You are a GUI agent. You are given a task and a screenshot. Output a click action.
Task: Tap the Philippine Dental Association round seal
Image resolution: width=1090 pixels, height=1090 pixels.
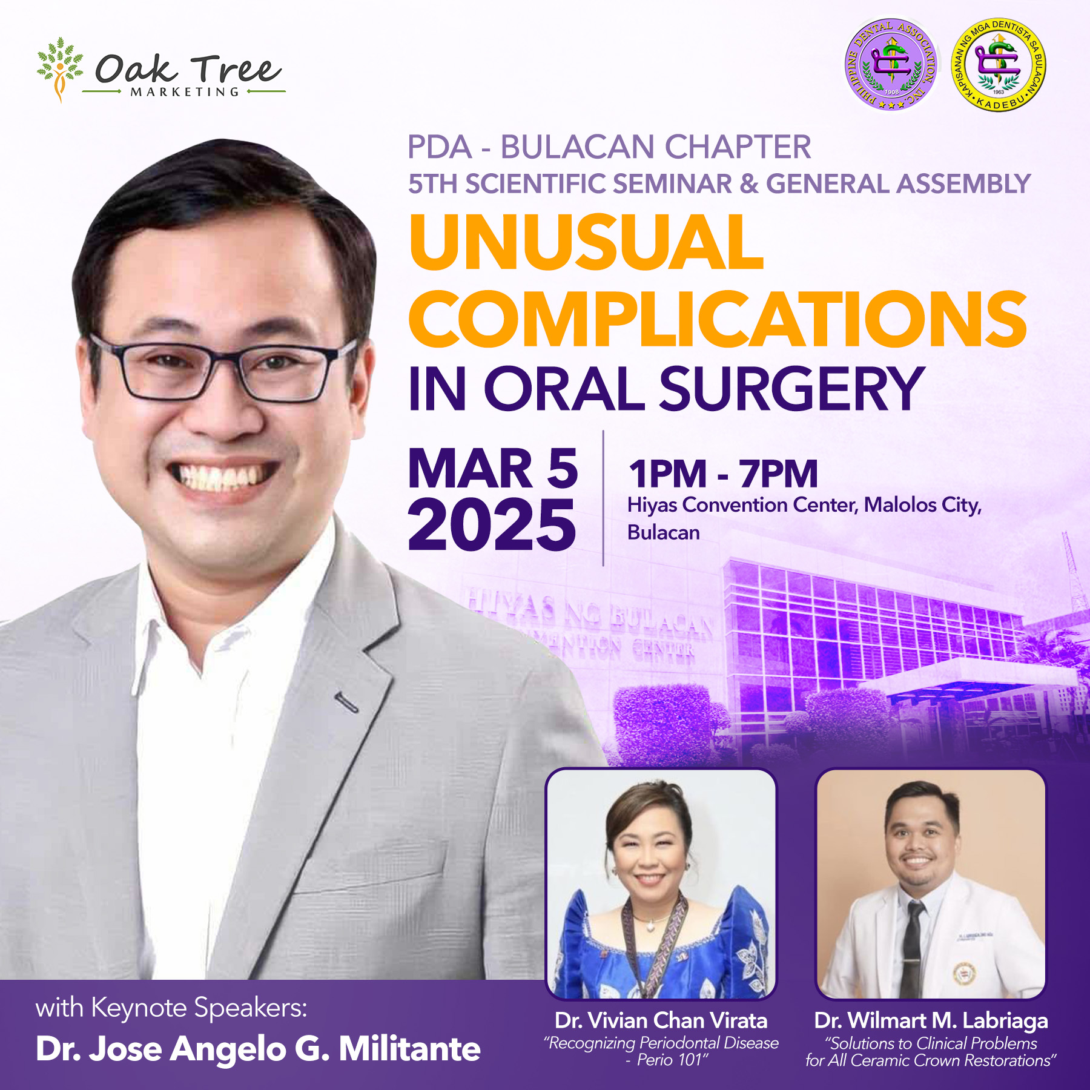coord(891,65)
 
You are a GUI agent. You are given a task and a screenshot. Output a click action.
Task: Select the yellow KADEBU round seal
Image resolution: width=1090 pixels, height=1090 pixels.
coord(999,65)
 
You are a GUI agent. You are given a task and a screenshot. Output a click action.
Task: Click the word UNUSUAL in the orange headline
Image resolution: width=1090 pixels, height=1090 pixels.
coord(586,242)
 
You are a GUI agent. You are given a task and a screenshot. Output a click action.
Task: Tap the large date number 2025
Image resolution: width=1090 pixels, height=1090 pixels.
coord(492,524)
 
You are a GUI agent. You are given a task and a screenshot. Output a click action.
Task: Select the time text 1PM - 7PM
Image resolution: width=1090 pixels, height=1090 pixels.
coord(723,474)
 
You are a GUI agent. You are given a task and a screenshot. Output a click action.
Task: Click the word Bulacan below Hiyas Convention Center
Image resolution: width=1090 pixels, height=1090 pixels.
coord(664,533)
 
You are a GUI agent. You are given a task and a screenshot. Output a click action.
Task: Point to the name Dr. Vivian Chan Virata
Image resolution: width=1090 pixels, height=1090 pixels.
coord(661,1021)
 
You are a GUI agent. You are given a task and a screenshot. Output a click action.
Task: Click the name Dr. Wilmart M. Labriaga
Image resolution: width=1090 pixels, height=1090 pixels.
coord(931,1021)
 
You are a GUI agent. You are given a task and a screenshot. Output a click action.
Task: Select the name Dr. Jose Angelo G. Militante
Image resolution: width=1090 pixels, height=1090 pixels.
coord(258,1049)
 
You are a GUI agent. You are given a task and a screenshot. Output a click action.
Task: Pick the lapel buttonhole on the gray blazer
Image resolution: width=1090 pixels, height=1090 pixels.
coord(346,701)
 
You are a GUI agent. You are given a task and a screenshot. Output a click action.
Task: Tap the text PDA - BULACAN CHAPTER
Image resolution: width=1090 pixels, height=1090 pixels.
coord(609,147)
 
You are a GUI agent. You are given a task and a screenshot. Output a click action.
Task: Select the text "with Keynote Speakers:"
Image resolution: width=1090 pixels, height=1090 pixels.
coord(172,1008)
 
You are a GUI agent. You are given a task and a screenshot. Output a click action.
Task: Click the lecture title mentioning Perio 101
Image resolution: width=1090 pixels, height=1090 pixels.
coord(661,1051)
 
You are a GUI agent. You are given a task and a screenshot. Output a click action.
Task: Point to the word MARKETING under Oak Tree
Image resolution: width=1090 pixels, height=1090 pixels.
coord(185,92)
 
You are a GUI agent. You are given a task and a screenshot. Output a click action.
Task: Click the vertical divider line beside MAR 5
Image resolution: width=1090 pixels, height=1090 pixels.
coord(603,498)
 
